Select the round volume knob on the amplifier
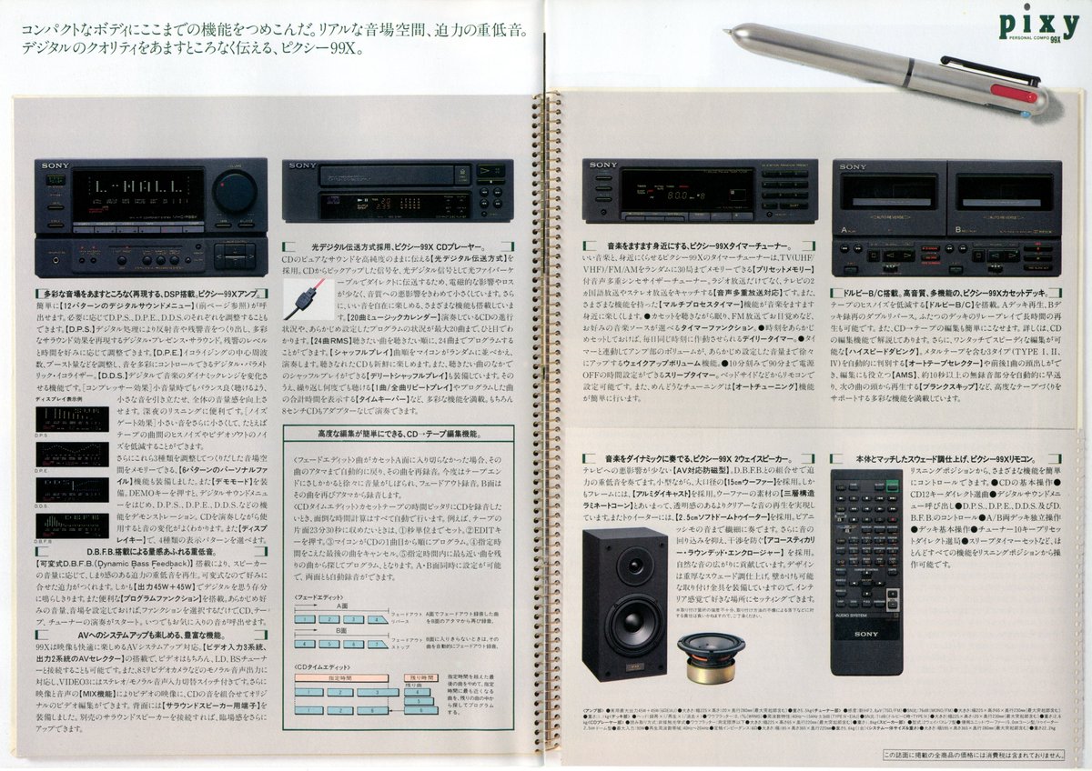(235, 192)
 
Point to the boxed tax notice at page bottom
(979, 754)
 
